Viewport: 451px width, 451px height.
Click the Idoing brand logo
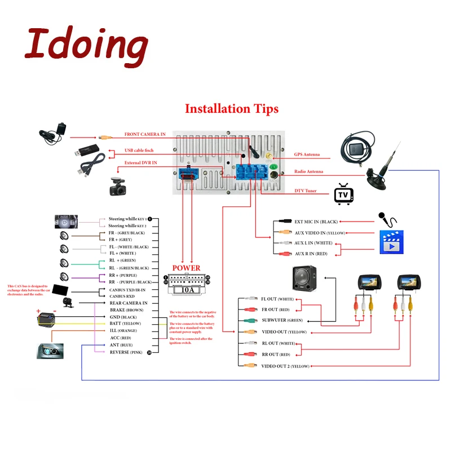(86, 44)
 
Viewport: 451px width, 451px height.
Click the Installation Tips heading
(232, 108)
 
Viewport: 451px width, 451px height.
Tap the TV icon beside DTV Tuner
(343, 193)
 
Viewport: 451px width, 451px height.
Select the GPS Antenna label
(307, 154)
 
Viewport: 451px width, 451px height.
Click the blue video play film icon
(392, 241)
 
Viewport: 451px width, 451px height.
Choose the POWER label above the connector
(186, 268)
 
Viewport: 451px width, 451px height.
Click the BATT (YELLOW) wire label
(125, 323)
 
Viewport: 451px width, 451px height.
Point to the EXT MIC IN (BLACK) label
(316, 222)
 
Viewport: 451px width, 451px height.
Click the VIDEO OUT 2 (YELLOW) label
(285, 366)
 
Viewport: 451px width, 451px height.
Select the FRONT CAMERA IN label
(145, 134)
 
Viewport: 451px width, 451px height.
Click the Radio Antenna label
(308, 172)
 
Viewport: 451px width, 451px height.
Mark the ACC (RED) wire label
(121, 338)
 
